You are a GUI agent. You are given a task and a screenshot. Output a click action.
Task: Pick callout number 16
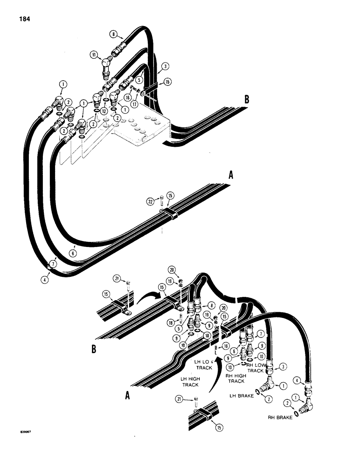(127, 98)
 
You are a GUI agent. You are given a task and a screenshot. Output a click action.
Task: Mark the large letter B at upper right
(248, 99)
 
